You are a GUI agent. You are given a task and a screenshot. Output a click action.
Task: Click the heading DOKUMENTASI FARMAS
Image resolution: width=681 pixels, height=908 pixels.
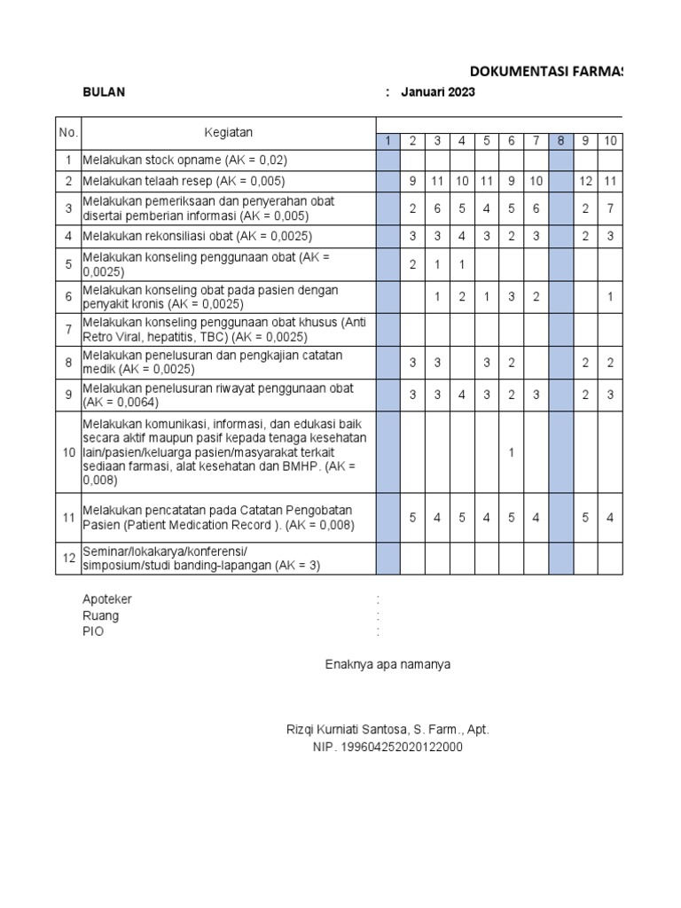tap(545, 71)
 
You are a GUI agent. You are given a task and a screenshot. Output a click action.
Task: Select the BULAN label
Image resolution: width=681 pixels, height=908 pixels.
tap(104, 91)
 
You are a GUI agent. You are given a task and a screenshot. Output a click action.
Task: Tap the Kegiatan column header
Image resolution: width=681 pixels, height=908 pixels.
tap(228, 133)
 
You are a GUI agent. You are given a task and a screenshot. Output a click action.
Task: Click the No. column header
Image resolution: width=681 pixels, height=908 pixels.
tap(68, 133)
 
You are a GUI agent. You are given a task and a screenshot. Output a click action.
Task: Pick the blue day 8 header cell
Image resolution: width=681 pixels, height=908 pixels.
tap(560, 141)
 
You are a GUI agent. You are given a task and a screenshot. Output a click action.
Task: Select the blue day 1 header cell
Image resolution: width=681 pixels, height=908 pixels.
tap(387, 141)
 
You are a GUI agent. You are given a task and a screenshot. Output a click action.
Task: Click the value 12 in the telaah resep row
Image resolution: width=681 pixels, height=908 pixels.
tap(585, 181)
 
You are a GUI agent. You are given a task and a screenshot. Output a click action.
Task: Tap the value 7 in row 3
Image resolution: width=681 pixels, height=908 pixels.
tap(611, 208)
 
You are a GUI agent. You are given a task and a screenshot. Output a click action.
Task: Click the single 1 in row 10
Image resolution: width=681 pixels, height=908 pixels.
tap(512, 453)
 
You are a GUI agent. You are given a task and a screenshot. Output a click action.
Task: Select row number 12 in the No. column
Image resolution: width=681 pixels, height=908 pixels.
tap(68, 559)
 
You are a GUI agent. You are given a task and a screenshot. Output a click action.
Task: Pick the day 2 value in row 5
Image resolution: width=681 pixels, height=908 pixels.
tap(412, 264)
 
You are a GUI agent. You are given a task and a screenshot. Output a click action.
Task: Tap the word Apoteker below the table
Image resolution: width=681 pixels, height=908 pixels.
tap(106, 599)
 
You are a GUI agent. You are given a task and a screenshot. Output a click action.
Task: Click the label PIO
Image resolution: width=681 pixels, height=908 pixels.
tap(92, 632)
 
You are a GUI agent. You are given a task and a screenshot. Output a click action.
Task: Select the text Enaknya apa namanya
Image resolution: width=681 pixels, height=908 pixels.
tap(387, 664)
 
